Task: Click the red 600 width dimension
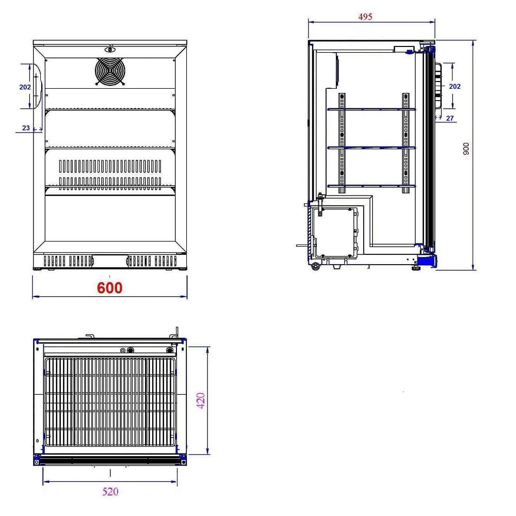pyautogui.click(x=110, y=288)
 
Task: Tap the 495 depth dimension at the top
pyautogui.click(x=365, y=17)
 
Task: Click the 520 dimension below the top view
pyautogui.click(x=110, y=491)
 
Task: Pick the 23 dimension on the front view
pyautogui.click(x=26, y=128)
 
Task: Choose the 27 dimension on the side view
pyautogui.click(x=449, y=118)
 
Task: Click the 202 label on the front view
pyautogui.click(x=25, y=87)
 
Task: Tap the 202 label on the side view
pyautogui.click(x=455, y=87)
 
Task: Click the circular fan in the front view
pyautogui.click(x=110, y=71)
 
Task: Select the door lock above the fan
pyautogui.click(x=109, y=50)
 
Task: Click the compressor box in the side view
pyautogui.click(x=335, y=232)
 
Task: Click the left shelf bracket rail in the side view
pyautogui.click(x=341, y=143)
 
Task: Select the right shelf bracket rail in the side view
pyautogui.click(x=405, y=143)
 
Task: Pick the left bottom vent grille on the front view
pyautogui.click(x=69, y=261)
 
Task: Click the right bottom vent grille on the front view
pyautogui.click(x=151, y=261)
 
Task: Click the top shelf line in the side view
pyautogui.click(x=372, y=109)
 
